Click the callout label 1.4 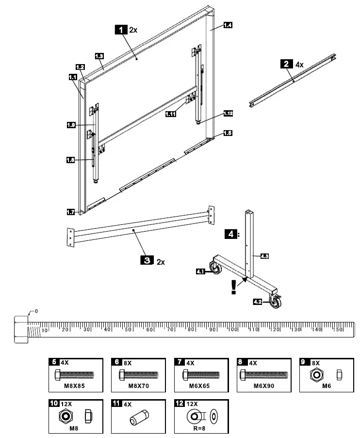(x=227, y=25)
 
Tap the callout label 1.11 (x=170, y=114)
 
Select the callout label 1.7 (x=71, y=212)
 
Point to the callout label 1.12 (x=228, y=114)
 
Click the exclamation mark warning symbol (x=234, y=286)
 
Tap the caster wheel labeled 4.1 (x=213, y=268)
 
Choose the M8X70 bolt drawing (x=139, y=375)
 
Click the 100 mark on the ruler (x=232, y=330)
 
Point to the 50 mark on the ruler (x=128, y=330)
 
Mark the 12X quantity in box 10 (x=66, y=404)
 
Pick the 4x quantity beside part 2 (x=299, y=64)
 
